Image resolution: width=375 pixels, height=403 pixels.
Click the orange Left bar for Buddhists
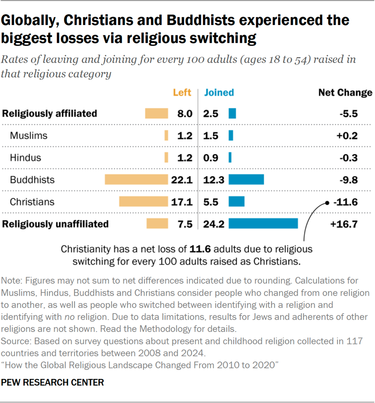136,180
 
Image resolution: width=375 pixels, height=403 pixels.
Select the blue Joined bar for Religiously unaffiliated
263,223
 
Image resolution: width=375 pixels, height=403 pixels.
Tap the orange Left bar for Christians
143,201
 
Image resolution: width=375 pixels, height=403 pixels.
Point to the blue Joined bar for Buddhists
246,180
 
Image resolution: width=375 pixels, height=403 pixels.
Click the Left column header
182,92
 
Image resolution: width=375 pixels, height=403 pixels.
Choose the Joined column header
219,92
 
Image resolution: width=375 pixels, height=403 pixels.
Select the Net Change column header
345,92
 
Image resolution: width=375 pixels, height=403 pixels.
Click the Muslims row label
29,135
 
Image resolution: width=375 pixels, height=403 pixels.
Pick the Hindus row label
25,158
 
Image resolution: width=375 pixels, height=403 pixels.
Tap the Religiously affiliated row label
50,113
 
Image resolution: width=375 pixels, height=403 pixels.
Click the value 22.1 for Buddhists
182,180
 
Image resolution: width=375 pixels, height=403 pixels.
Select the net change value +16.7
344,224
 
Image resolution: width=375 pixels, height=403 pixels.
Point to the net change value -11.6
347,202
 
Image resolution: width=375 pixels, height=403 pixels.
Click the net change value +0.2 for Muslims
347,136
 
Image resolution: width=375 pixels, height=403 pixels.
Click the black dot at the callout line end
327,202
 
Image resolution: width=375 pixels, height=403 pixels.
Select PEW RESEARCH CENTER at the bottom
53,383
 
